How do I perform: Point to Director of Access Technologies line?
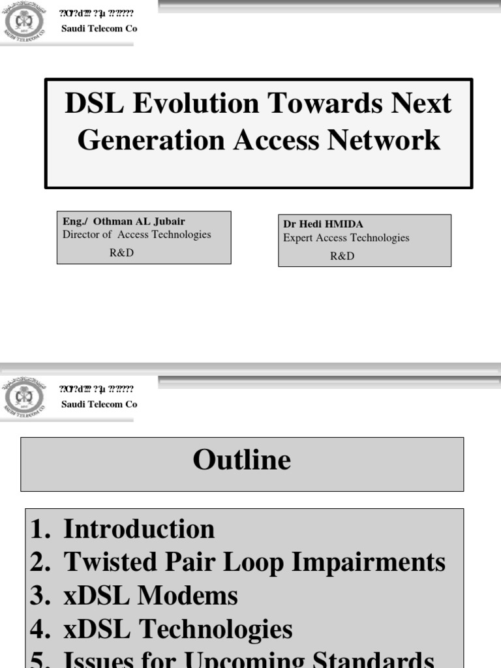point(137,235)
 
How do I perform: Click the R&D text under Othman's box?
point(121,253)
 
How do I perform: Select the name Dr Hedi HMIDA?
point(323,224)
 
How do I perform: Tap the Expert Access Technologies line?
point(346,238)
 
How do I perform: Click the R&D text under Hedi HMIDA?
point(342,256)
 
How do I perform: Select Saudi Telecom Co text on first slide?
point(99,29)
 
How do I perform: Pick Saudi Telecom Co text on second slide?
point(99,404)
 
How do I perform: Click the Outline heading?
point(241,461)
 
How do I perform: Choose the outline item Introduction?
point(138,529)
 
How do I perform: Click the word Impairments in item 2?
point(368,562)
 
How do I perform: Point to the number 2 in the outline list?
point(38,562)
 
